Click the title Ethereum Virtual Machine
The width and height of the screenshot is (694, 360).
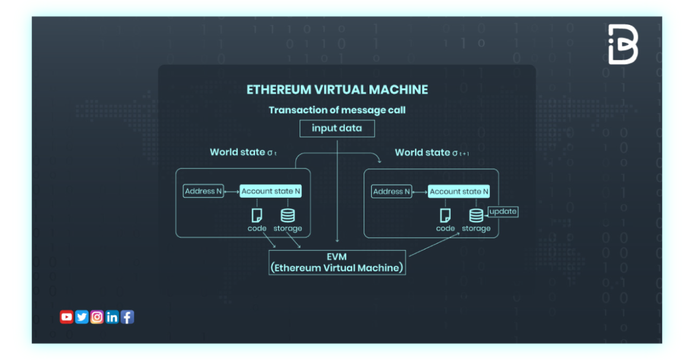[x=337, y=90]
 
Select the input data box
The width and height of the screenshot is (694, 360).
[x=336, y=128]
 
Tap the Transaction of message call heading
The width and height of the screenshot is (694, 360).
[x=337, y=110]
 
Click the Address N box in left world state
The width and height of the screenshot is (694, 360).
[x=203, y=192]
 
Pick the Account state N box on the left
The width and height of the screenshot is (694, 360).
[x=270, y=192]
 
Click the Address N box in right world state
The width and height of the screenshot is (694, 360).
[x=391, y=192]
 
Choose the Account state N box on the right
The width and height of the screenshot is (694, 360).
[x=459, y=192]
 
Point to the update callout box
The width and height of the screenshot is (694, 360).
[x=503, y=212]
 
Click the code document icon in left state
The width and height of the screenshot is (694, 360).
[x=257, y=215]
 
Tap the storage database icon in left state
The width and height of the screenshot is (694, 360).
[x=288, y=215]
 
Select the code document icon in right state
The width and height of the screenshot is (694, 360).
[x=445, y=215]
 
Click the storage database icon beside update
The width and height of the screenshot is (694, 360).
[x=476, y=215]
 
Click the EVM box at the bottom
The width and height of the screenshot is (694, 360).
[x=337, y=262]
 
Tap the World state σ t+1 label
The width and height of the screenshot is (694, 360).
[x=431, y=152]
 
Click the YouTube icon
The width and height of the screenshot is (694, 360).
[x=66, y=317]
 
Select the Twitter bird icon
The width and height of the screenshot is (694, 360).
[x=82, y=317]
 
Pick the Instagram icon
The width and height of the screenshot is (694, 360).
[x=97, y=317]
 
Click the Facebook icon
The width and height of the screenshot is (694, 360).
[x=128, y=317]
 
